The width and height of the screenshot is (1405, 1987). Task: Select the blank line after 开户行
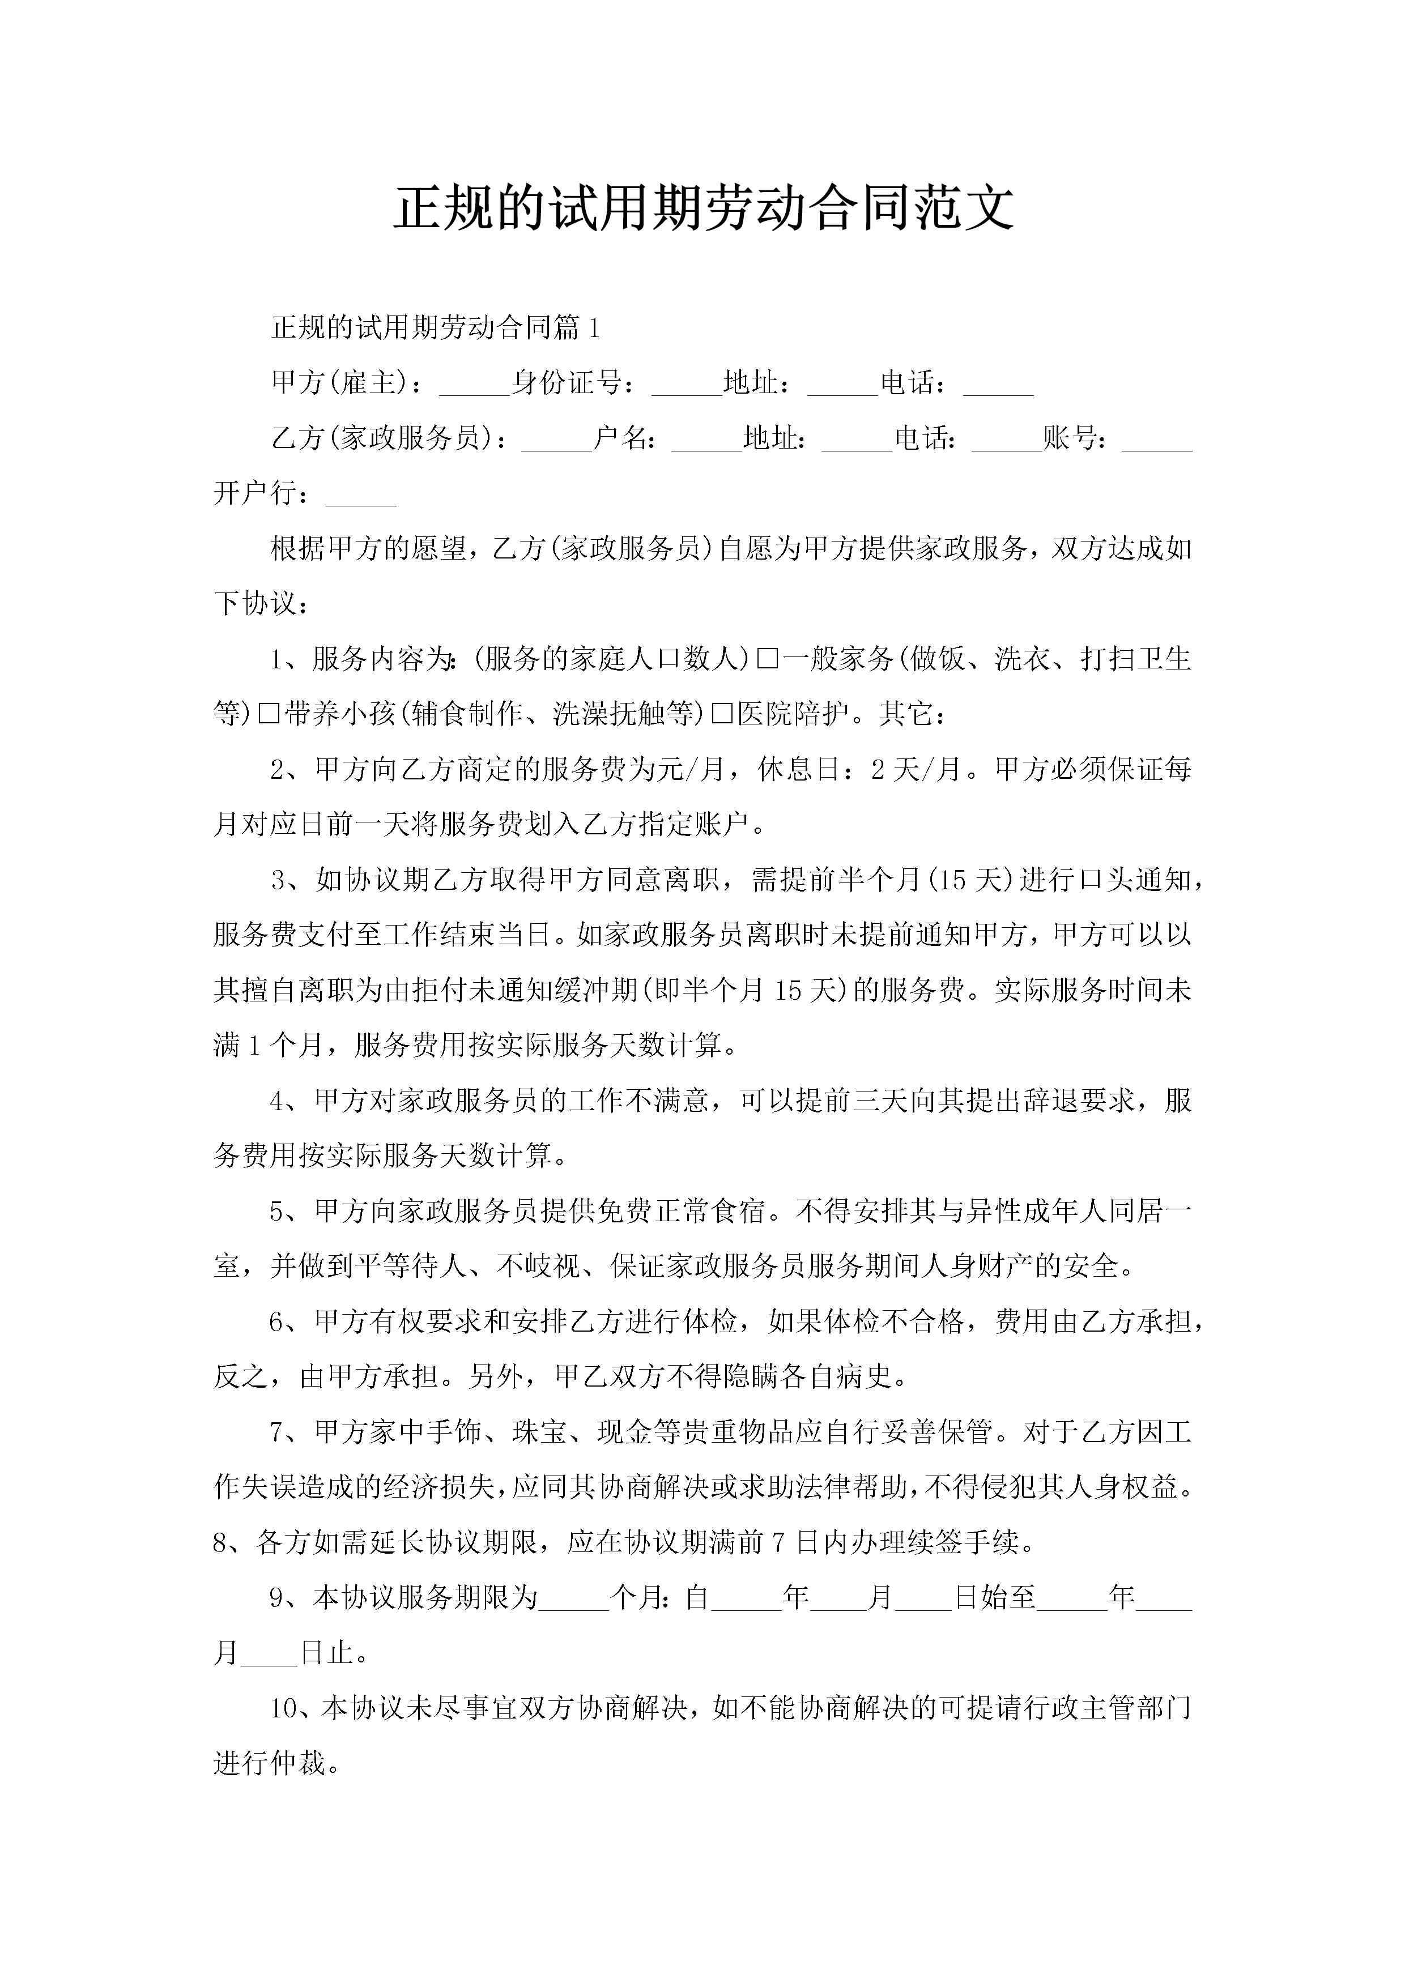(361, 496)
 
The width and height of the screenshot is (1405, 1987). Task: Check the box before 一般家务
(767, 659)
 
